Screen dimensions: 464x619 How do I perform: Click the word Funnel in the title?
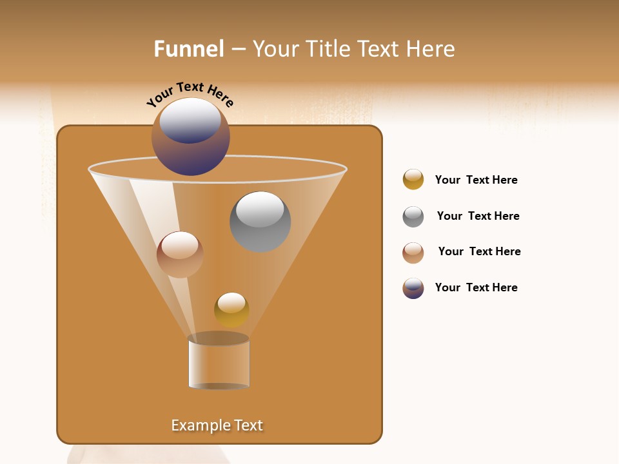point(189,49)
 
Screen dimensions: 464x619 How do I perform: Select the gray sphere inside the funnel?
point(260,222)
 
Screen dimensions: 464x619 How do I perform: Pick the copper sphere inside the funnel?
point(180,255)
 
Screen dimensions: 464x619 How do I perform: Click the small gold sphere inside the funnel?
point(231,309)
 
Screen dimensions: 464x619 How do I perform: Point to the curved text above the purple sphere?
point(190,93)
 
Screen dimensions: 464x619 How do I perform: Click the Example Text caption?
point(217,425)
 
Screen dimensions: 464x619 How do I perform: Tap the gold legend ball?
point(413,180)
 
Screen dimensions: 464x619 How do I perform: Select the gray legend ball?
point(413,216)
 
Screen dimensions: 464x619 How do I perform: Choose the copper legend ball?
point(413,252)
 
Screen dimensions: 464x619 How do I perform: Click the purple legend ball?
point(413,288)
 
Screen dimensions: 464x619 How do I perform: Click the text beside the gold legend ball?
point(477,180)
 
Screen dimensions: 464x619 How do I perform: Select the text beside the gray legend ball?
point(478,216)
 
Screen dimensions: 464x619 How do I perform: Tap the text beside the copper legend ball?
point(479,251)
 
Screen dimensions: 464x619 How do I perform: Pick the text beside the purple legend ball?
point(477,287)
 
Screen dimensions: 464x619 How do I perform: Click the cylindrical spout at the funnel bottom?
point(219,363)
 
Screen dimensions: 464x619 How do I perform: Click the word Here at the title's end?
point(431,49)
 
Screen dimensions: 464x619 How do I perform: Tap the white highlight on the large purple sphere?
point(190,119)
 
